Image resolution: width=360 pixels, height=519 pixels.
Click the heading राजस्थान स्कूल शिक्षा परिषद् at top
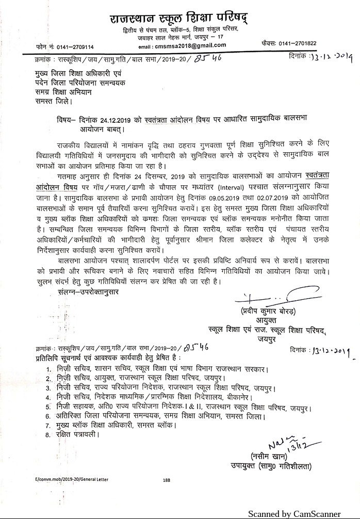(x=178, y=19)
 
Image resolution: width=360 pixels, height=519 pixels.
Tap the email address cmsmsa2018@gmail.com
(x=169, y=45)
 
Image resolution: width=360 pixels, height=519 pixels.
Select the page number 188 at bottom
(x=167, y=480)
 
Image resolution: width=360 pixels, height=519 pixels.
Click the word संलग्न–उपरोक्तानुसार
(x=88, y=291)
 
